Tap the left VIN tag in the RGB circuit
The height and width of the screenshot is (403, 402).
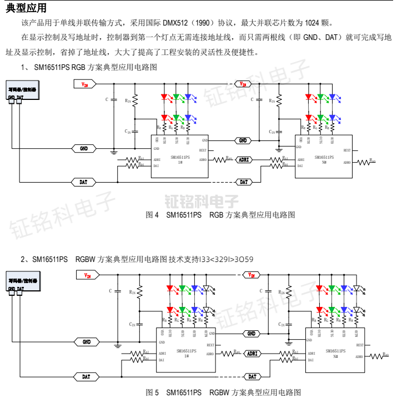coord(85,84)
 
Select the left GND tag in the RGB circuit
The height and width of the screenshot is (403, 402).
coord(84,149)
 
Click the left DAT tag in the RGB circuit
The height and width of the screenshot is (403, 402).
coord(84,182)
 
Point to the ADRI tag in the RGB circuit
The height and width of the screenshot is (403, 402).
coord(244,159)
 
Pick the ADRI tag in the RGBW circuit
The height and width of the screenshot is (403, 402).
coord(252,353)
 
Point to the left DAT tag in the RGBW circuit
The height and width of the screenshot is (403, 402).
coord(87,376)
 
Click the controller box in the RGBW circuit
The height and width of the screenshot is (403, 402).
coord(24,281)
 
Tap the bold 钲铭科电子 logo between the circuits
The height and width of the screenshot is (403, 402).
coord(202,200)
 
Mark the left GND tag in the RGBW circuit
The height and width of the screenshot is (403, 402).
coord(87,342)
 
